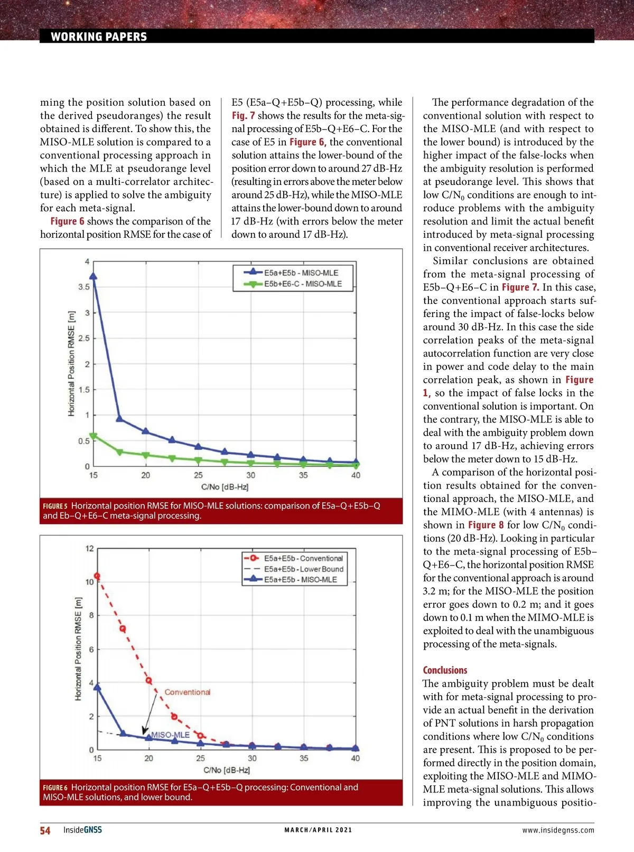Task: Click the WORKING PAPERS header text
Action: (x=99, y=36)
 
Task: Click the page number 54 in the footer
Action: (x=45, y=830)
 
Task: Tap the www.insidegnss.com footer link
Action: (x=558, y=830)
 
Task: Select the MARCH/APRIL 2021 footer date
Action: (x=318, y=830)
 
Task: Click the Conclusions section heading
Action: (x=445, y=670)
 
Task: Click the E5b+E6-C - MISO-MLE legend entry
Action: (x=303, y=284)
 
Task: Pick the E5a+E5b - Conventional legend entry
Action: (x=303, y=558)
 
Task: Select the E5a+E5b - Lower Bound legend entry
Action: (x=303, y=569)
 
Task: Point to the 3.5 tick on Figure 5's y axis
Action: (x=84, y=287)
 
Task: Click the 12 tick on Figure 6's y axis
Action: (x=89, y=548)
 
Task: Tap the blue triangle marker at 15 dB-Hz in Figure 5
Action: (x=94, y=276)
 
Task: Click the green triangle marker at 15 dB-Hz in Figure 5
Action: (x=94, y=436)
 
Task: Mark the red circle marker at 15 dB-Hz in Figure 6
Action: (x=97, y=576)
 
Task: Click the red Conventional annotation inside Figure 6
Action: (x=187, y=692)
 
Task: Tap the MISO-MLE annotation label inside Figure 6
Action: (x=170, y=735)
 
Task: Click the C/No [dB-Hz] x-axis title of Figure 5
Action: (x=225, y=486)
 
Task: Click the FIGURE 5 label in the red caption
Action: (x=55, y=506)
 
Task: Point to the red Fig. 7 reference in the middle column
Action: (x=243, y=116)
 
